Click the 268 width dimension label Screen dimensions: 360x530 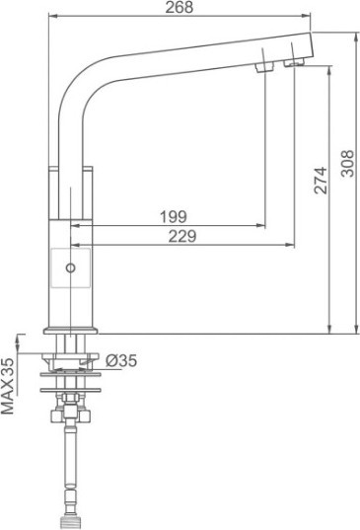pos(179,7)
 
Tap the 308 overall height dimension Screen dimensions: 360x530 pos(347,164)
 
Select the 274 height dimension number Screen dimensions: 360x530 pos(321,181)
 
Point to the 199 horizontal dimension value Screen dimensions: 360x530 pos(173,217)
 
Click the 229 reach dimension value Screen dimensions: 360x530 pos(182,236)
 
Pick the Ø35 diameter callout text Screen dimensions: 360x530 pos(121,360)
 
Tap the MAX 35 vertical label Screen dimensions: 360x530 pos(8,386)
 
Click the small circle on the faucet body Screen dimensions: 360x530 pos(70,268)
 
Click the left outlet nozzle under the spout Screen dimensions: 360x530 pos(264,67)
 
